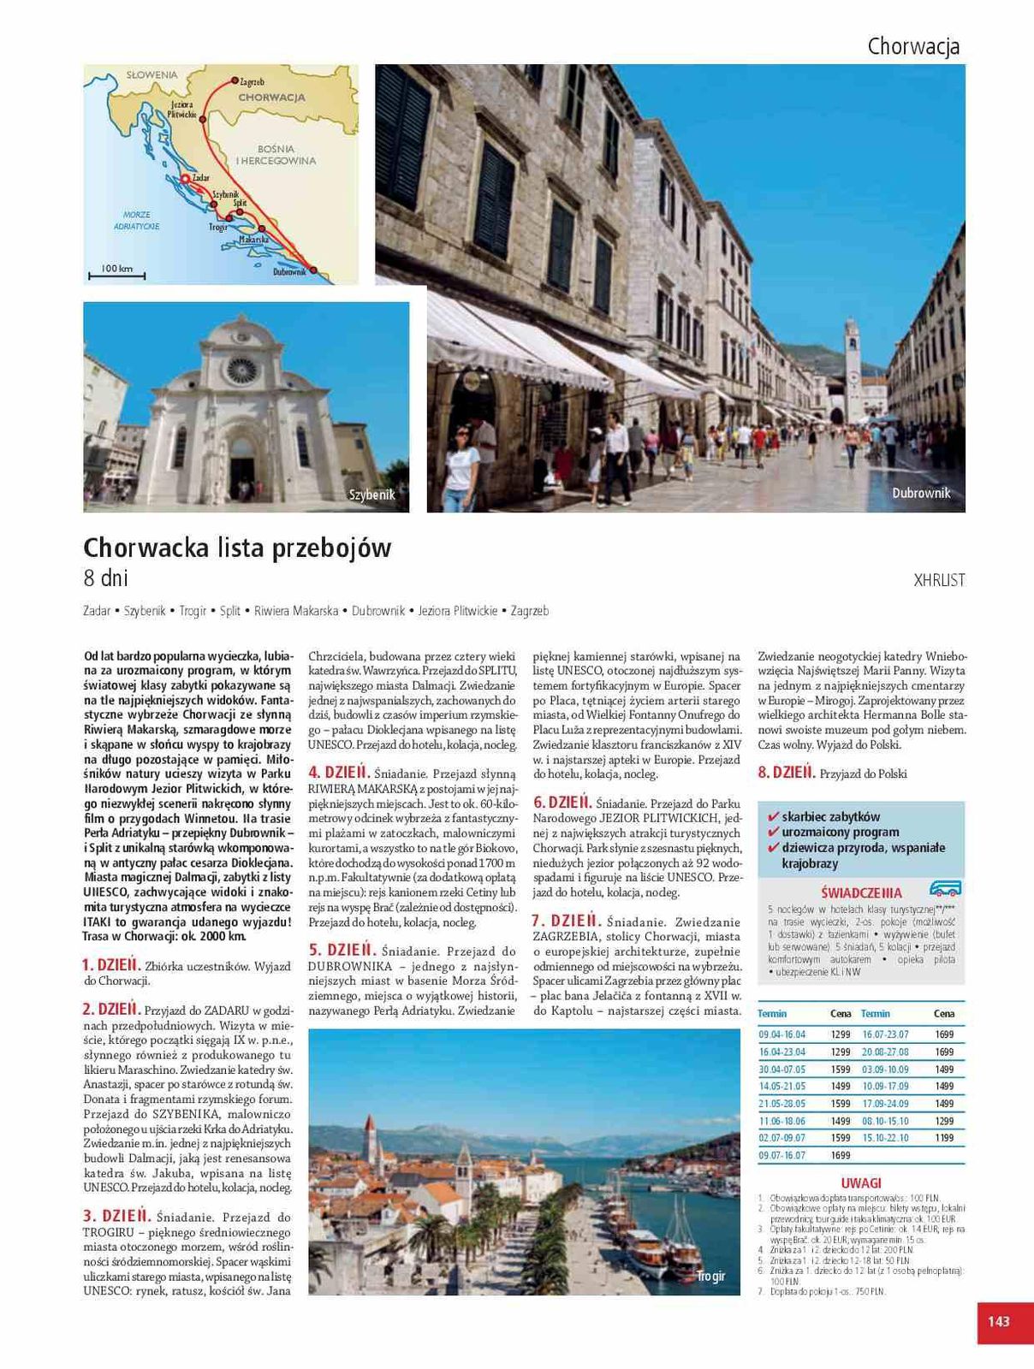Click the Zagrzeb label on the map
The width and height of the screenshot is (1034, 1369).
(x=252, y=82)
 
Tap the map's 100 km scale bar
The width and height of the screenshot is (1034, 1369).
(x=116, y=275)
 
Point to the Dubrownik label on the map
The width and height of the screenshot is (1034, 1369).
(x=289, y=272)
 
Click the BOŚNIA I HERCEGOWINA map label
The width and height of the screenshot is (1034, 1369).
(x=276, y=155)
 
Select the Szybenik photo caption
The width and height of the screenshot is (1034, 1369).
(x=372, y=495)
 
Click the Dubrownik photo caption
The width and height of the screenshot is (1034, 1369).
(x=921, y=493)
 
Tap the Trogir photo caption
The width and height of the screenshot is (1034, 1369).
(x=710, y=1276)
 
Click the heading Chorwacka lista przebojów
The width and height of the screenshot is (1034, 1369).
(x=237, y=548)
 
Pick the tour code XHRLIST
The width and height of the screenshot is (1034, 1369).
(x=939, y=580)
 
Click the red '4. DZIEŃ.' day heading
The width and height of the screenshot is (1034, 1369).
(x=339, y=772)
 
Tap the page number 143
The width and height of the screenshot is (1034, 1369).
(x=999, y=1321)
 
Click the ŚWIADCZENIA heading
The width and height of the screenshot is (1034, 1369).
(x=860, y=892)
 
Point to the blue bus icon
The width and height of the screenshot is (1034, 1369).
(x=945, y=889)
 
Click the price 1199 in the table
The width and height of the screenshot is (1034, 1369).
(x=943, y=1138)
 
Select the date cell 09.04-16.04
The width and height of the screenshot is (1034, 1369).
(x=782, y=1034)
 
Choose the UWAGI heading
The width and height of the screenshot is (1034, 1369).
(x=860, y=1183)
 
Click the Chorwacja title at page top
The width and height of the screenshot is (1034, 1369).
(x=913, y=46)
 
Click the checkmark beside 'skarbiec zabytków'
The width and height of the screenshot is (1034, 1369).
(x=773, y=816)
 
